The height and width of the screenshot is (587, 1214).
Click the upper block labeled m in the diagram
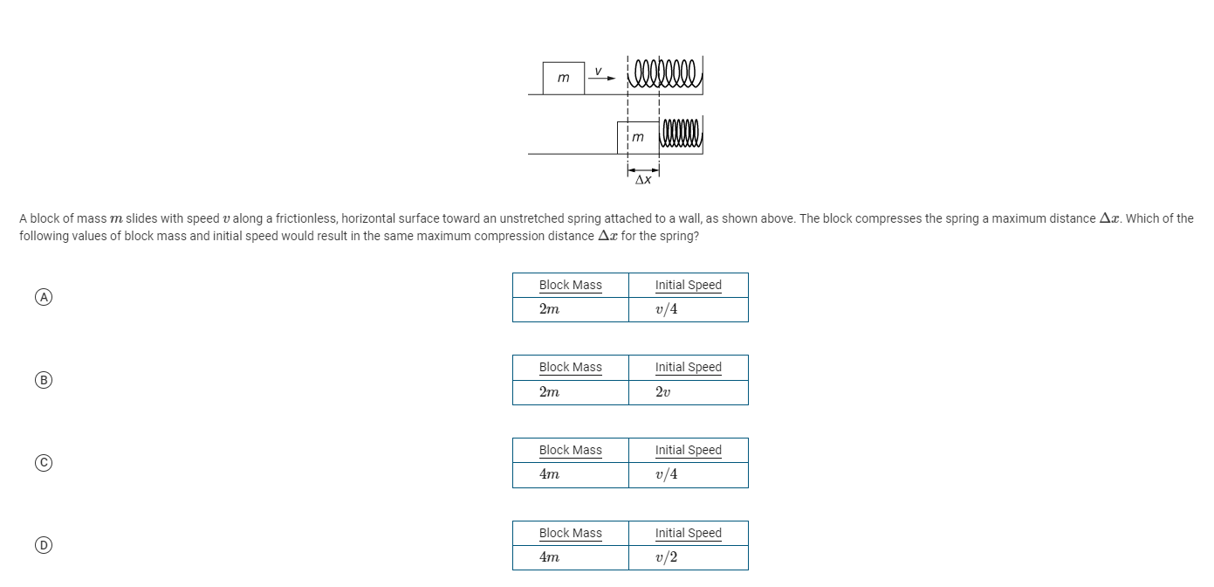click(563, 78)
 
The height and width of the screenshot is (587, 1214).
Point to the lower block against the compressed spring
click(638, 137)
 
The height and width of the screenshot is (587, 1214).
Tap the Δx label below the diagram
click(642, 180)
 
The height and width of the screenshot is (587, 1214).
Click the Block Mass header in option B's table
click(570, 368)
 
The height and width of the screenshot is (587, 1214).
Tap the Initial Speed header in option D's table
click(688, 533)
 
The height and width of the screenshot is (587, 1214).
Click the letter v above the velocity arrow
click(599, 68)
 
